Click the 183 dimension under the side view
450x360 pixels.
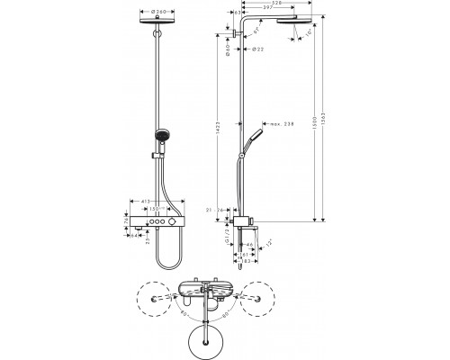[x=244, y=261]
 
